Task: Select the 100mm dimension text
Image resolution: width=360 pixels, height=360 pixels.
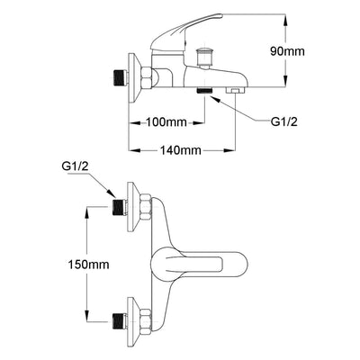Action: pos(167,121)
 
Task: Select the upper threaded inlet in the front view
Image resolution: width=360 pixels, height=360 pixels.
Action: pos(120,208)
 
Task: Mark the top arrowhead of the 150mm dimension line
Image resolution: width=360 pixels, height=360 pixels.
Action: pos(85,211)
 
